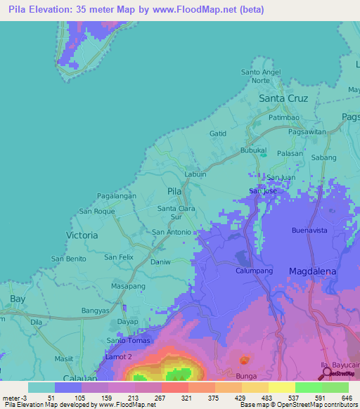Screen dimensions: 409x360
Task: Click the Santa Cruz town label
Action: (x=284, y=98)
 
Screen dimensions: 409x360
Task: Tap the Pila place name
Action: (x=175, y=190)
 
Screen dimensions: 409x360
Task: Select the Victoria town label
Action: (x=82, y=235)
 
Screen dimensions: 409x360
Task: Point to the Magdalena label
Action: (x=313, y=271)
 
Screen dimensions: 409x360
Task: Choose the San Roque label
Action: (x=96, y=211)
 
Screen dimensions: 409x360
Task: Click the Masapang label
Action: (x=128, y=287)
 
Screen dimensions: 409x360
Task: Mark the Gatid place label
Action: (x=218, y=133)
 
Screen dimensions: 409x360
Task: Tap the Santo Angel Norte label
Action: (x=261, y=76)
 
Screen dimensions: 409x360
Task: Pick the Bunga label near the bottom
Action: (x=247, y=377)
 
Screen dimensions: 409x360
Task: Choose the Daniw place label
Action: (x=161, y=261)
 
